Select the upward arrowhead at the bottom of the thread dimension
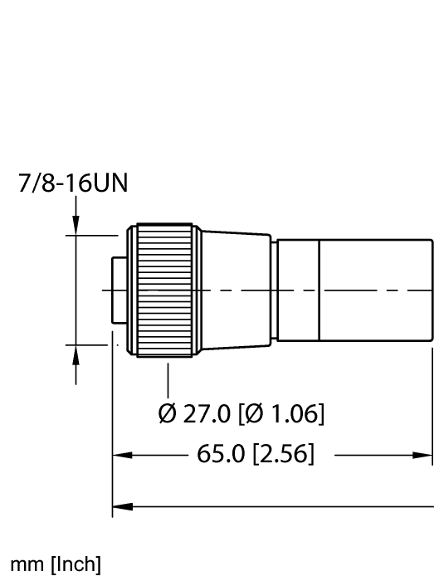click(x=76, y=354)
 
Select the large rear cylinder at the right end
click(x=375, y=290)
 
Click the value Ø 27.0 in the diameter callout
click(x=190, y=413)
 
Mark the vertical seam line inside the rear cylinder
click(x=319, y=290)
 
